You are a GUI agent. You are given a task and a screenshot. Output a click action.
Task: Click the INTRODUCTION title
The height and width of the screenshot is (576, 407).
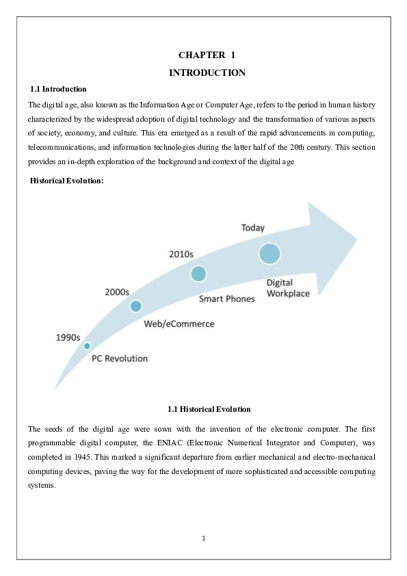tap(207, 73)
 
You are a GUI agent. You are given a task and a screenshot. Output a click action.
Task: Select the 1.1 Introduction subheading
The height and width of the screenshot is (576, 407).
tap(58, 89)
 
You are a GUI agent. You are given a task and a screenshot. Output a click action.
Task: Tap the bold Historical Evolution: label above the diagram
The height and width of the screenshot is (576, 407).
tap(66, 180)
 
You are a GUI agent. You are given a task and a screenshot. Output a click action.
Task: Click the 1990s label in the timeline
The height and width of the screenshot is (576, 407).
tap(68, 337)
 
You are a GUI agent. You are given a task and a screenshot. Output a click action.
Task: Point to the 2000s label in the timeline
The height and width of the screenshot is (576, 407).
tap(117, 291)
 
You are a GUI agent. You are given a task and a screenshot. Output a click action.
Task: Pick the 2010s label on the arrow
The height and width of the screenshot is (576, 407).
tap(181, 254)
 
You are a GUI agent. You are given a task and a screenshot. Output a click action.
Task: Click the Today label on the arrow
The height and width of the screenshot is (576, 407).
tap(253, 228)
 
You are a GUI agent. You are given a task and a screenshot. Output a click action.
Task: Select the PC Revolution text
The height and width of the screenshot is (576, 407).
tap(120, 358)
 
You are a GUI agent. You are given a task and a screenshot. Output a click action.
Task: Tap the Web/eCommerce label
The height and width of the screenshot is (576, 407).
tap(179, 324)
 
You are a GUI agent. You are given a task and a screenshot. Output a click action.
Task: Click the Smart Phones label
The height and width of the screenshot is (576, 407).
tap(226, 298)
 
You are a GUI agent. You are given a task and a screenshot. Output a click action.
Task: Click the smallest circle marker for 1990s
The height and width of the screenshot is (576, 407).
tap(87, 346)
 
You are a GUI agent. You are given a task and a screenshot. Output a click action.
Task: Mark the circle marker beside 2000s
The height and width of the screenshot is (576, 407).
tap(135, 306)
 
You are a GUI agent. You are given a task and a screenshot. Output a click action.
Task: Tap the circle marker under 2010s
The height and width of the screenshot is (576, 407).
tap(198, 274)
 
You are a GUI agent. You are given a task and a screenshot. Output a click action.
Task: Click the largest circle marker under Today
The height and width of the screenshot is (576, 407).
tap(270, 253)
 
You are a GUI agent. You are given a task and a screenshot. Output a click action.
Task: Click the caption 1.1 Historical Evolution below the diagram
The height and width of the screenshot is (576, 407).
tap(209, 409)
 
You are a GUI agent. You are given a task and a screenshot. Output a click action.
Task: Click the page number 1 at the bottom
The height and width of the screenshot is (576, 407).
tap(204, 538)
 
